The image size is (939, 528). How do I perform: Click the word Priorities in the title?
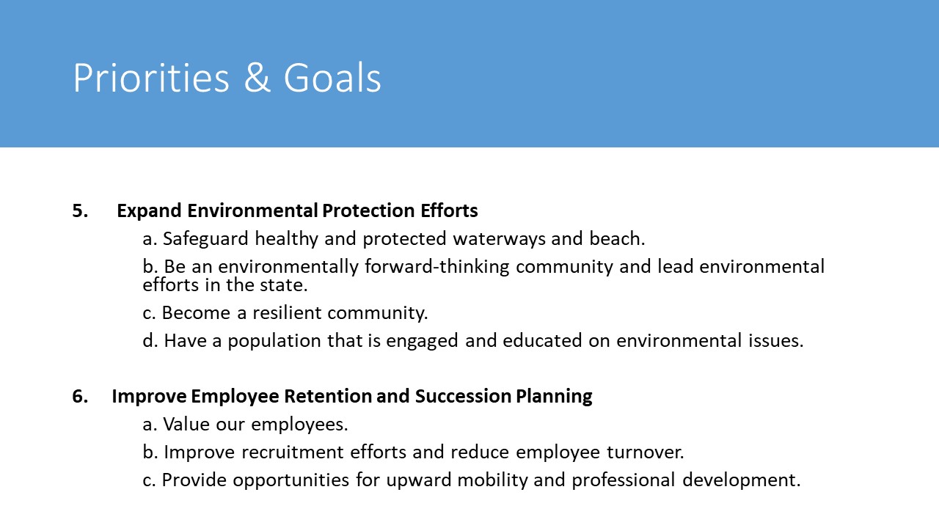[151, 78]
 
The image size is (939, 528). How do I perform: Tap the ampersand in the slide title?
[257, 78]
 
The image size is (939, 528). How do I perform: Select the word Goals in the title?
[332, 78]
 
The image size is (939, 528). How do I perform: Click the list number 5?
[80, 210]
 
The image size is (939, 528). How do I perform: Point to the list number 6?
[80, 396]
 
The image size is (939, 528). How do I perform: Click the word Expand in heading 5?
[149, 211]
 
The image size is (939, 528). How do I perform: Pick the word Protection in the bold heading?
[368, 210]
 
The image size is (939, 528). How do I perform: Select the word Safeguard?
[205, 239]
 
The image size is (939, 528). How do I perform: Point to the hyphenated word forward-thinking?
[436, 267]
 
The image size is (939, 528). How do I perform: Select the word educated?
[542, 341]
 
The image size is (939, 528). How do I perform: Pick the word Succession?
[462, 396]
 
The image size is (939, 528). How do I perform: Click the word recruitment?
[292, 452]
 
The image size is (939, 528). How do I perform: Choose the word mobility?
[492, 480]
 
